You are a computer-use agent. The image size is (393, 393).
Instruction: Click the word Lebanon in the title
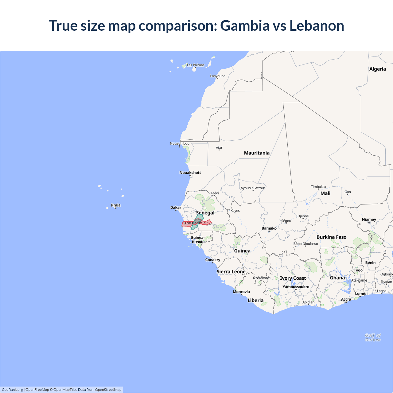coord(317,25)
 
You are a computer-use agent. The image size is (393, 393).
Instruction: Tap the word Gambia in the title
coord(245,25)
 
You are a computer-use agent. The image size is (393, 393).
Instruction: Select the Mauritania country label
coord(257,153)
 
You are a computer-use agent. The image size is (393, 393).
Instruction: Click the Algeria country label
coord(377,69)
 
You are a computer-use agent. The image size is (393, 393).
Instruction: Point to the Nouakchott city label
coord(190,173)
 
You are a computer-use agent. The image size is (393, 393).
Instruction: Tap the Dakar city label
coord(176,208)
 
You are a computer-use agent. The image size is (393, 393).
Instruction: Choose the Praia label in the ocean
coord(116,205)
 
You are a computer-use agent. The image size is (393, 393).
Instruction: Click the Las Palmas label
coord(196,65)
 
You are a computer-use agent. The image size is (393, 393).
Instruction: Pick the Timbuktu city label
coord(318,187)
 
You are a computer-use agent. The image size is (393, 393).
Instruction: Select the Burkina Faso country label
coord(331,237)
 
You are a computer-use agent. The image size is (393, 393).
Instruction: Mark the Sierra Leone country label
coord(231,272)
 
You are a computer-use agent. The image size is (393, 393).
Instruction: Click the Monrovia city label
coord(241,292)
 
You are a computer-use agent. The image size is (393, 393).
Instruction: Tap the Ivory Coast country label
coord(293,278)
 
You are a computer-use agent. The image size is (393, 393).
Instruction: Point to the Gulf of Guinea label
coord(373,337)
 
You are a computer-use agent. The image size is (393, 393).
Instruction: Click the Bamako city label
coord(269,228)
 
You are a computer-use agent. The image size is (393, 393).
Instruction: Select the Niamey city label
coord(369,220)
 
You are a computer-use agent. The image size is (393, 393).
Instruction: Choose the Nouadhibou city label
coord(180,143)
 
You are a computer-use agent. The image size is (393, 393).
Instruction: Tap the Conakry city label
coord(212,260)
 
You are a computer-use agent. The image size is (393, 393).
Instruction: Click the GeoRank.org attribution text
coord(12,390)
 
